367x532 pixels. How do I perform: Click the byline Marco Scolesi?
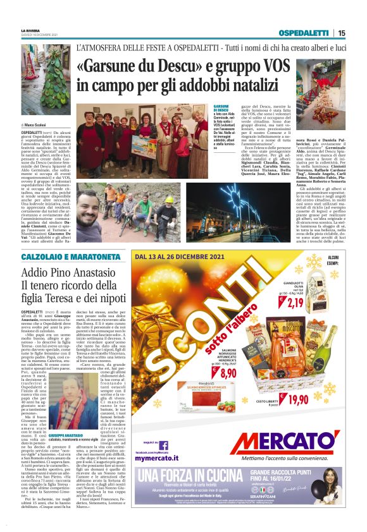[40, 125]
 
